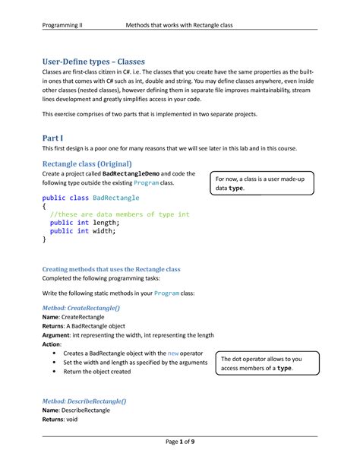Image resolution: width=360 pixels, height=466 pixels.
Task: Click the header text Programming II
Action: (62, 26)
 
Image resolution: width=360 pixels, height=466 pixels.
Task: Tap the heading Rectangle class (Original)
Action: (87, 163)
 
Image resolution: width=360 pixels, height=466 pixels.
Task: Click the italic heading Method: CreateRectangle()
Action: (86, 306)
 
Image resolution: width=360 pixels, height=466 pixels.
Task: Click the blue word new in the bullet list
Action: (172, 353)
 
